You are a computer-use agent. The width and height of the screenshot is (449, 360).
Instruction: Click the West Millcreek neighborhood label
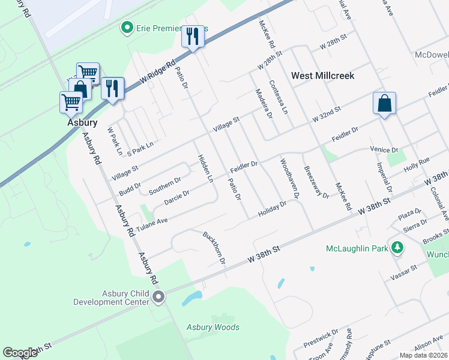pyautogui.click(x=322, y=76)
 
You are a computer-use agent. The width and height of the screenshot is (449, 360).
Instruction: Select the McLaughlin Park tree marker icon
pyautogui.click(x=397, y=248)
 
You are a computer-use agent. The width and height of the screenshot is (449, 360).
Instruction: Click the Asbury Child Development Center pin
pyautogui.click(x=159, y=296)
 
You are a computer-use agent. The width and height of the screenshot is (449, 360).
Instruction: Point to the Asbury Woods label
pyautogui.click(x=212, y=327)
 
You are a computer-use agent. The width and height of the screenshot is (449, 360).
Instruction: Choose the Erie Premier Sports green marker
pyautogui.click(x=127, y=28)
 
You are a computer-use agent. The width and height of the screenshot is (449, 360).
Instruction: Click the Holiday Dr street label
pyautogui.click(x=273, y=209)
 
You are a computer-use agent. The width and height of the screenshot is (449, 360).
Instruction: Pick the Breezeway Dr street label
pyautogui.click(x=316, y=182)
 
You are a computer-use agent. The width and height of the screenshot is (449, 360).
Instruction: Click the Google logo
pyautogui.click(x=20, y=352)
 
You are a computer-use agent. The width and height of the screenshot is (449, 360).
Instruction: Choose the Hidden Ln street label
pyautogui.click(x=205, y=169)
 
